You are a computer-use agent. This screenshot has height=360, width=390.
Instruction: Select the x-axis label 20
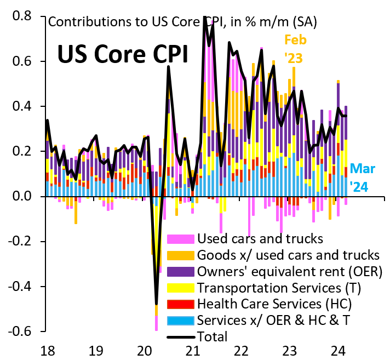tap(145, 350)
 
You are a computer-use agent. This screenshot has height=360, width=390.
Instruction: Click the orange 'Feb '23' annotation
tap(295, 48)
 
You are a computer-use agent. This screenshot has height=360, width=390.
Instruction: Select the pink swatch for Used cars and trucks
tap(180, 238)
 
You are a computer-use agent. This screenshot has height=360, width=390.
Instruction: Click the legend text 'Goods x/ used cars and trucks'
tap(288, 255)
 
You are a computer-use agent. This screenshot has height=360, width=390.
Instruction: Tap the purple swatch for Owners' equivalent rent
tap(180, 271)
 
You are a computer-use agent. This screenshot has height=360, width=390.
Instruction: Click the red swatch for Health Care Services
tap(180, 304)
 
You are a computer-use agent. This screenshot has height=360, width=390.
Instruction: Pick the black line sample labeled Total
tap(180, 336)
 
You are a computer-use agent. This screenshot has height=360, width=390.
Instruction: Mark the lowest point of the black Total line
tap(157, 303)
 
